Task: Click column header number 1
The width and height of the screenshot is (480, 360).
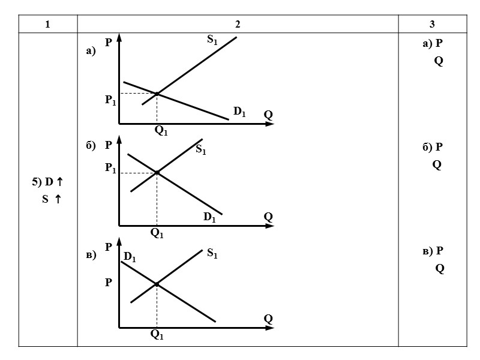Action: (47, 24)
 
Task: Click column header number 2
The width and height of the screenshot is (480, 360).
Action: (238, 24)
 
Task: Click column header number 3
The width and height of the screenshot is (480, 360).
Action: (432, 24)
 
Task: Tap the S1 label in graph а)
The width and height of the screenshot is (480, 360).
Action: (212, 40)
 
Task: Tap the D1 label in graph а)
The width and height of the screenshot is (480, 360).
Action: (239, 111)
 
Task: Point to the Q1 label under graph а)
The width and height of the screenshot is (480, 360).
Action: (161, 131)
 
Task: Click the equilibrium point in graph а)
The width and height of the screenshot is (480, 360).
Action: (157, 94)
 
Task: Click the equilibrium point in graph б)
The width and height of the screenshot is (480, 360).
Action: (157, 173)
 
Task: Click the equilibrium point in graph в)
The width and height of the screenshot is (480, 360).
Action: (157, 284)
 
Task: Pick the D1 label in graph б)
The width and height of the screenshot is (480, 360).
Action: (209, 217)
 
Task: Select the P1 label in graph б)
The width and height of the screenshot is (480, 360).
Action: (110, 169)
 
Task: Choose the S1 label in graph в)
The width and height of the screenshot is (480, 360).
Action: (212, 254)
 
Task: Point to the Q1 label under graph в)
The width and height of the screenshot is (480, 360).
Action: (157, 335)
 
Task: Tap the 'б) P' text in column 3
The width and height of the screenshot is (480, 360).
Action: (432, 147)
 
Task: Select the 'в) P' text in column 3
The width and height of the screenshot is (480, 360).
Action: (432, 251)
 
